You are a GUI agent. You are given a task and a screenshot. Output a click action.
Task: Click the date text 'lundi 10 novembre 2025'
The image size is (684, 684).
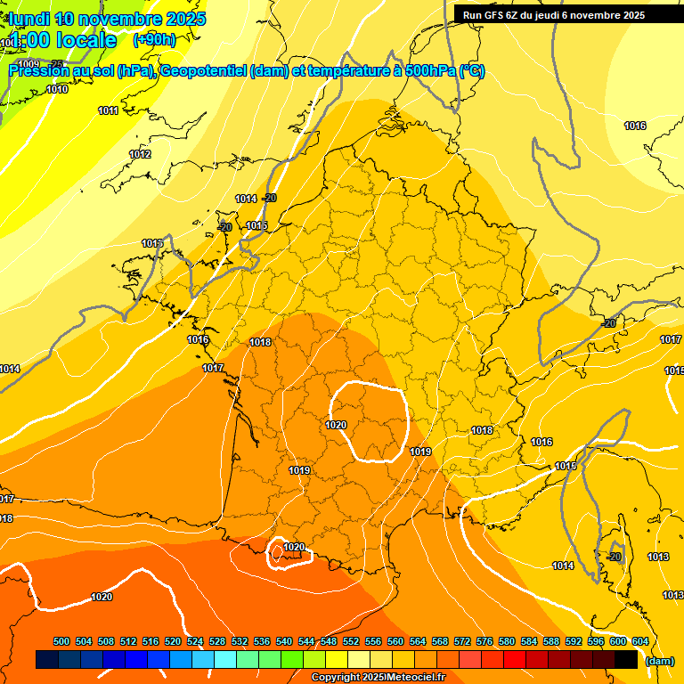tap(108, 19)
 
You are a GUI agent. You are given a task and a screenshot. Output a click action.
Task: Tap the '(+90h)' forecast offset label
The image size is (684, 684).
tap(154, 39)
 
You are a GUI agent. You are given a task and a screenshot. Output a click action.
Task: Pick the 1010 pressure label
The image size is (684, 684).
tap(57, 89)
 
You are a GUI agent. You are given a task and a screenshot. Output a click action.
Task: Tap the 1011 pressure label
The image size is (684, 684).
tap(109, 110)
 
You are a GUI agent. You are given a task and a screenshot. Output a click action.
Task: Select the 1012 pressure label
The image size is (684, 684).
tap(140, 154)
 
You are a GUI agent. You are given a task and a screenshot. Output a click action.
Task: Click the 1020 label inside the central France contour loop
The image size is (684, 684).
tap(336, 425)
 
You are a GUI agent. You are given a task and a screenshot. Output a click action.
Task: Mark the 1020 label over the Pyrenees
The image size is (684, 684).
tap(294, 547)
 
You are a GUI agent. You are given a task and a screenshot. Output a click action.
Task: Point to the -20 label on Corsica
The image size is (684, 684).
tap(613, 557)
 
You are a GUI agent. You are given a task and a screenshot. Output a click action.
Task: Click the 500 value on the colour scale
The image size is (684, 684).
tap(61, 641)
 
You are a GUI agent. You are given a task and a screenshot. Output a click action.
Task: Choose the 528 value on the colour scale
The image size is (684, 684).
tap(217, 641)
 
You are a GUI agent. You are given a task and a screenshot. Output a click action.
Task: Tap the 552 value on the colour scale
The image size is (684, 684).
tap(351, 641)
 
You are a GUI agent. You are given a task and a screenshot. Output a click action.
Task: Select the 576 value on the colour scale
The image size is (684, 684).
tap(484, 641)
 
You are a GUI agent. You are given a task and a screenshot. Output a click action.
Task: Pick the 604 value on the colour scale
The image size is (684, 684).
tap(639, 641)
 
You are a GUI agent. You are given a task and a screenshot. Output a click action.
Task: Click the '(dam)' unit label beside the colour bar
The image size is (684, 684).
tap(659, 660)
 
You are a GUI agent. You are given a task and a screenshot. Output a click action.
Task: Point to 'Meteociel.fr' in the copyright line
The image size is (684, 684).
tap(415, 678)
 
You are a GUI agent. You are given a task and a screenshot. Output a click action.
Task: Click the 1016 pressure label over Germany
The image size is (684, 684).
tap(635, 126)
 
